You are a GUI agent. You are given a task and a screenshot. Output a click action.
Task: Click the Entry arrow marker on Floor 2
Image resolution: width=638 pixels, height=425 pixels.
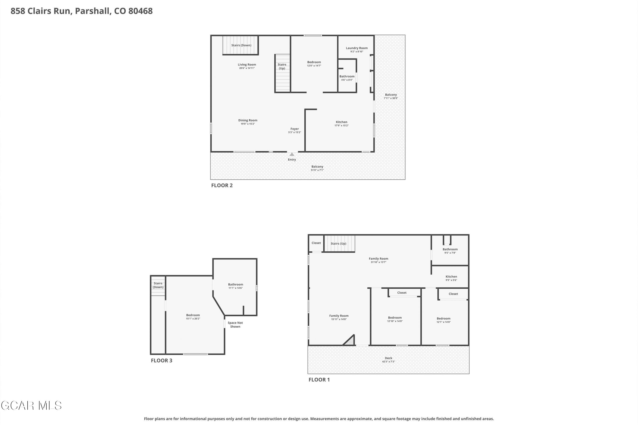point(292,154)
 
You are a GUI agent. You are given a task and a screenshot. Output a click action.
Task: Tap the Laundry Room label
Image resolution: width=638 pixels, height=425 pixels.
point(357,48)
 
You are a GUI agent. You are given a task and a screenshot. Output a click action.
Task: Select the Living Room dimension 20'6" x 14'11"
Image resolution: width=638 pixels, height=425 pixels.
point(247,68)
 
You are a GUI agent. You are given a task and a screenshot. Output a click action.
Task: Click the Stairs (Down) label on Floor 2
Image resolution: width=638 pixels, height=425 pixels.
point(241,45)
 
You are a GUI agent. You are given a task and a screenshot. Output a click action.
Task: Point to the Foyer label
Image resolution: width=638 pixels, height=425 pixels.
point(295,129)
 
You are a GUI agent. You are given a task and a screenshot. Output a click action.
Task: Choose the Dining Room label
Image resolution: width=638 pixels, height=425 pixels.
point(248,120)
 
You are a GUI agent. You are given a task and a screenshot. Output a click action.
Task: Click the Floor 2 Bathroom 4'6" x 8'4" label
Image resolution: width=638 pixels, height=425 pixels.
point(347,78)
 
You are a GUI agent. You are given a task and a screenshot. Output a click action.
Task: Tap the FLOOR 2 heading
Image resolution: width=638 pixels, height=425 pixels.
point(222,185)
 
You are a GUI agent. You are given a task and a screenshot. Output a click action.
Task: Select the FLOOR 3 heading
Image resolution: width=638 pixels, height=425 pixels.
point(161,360)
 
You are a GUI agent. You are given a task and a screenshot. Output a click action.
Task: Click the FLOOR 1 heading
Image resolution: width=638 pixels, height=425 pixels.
point(319,380)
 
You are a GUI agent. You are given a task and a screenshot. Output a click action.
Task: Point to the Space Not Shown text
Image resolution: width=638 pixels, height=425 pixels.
point(235,325)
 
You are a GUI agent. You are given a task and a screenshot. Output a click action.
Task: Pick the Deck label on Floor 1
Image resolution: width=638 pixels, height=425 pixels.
point(389,358)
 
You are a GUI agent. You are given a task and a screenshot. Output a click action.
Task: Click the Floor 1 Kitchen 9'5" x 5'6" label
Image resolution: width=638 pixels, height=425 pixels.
point(451,278)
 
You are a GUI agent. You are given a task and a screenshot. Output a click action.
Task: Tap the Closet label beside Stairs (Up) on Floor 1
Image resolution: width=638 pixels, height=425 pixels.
point(316,243)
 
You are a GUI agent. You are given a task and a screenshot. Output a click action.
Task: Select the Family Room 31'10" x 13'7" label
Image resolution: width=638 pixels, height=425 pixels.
point(378,260)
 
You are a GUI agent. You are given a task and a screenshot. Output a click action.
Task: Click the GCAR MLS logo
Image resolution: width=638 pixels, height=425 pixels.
point(31,406)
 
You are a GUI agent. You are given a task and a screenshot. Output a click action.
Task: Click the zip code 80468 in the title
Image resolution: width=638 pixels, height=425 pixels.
point(141,11)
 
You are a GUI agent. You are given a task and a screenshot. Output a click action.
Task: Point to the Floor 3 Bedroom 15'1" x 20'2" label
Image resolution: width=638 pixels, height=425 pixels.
point(193,317)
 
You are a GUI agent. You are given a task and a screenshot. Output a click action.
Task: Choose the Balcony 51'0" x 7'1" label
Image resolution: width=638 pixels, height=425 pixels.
point(317,168)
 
